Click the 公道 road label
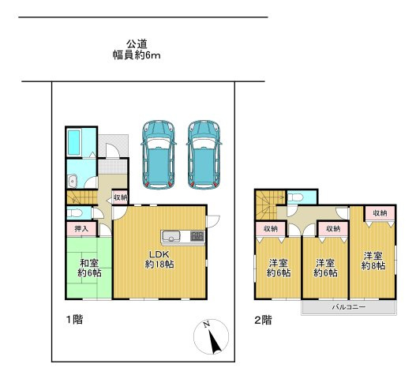click(137, 43)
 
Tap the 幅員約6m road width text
click(137, 55)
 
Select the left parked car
click(159, 155)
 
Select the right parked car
click(204, 155)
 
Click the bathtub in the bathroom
click(74, 142)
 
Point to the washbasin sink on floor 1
click(72, 181)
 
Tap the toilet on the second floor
click(294, 197)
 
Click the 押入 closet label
click(81, 228)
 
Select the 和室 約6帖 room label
click(89, 268)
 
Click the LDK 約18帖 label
click(159, 259)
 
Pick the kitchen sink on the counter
click(171, 236)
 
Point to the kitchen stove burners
click(197, 236)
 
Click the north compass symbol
click(212, 336)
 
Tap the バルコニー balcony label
click(349, 307)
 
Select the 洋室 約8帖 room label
click(373, 261)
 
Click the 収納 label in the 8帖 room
click(380, 212)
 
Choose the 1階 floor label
click(74, 319)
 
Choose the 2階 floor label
click(263, 321)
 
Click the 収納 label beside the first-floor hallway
click(120, 197)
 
